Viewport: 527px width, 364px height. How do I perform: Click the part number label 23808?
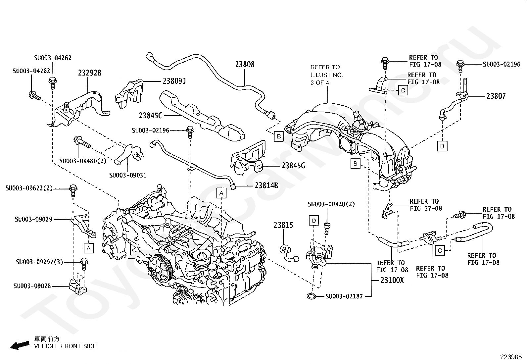(245, 64)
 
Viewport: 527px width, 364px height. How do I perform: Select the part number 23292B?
(90, 73)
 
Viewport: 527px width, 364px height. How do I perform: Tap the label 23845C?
(151, 115)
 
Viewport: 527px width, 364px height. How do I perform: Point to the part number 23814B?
(266, 185)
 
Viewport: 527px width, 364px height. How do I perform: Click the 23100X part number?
(392, 280)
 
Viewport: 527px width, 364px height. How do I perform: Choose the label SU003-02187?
(344, 296)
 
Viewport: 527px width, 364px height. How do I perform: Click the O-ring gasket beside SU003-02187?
(312, 296)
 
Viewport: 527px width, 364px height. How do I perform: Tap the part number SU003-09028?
(32, 286)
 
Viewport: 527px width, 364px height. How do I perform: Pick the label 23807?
(496, 96)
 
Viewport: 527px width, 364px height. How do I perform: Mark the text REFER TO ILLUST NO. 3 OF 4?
(326, 75)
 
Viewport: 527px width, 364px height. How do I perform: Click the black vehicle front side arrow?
(20, 345)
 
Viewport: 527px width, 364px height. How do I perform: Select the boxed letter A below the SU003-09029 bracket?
(89, 248)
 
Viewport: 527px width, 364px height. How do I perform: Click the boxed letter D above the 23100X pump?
(314, 221)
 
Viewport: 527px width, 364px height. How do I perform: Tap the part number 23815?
(283, 225)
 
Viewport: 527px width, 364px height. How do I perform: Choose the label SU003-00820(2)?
(331, 204)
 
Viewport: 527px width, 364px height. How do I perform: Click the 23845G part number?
(293, 166)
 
